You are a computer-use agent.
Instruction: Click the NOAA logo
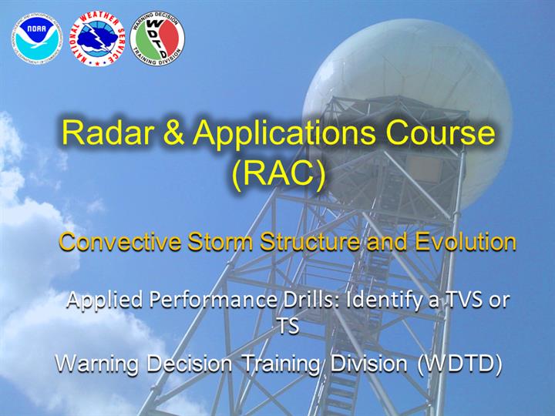click(37, 39)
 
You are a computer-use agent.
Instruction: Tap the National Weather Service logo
click(97, 39)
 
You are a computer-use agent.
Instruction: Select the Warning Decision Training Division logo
click(157, 39)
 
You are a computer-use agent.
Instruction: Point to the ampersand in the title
click(173, 133)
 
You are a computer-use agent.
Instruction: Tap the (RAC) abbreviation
click(278, 174)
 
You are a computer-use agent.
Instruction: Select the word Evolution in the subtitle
click(466, 242)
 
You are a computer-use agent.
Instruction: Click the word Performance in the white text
click(213, 300)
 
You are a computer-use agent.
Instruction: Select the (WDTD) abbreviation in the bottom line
click(459, 364)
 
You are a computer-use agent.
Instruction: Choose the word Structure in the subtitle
click(310, 242)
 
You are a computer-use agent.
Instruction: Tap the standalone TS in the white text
click(288, 326)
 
